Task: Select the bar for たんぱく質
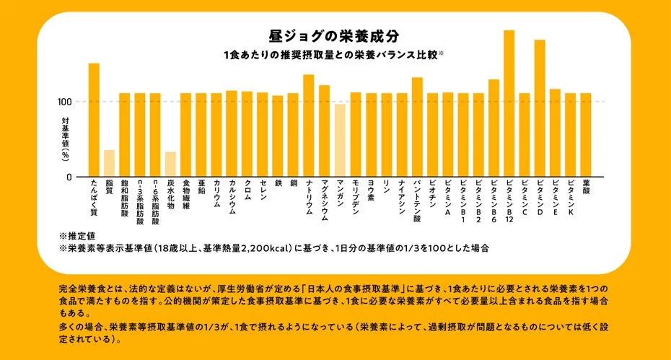tap(94, 120)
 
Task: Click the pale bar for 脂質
tap(109, 163)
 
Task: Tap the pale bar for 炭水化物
tap(170, 164)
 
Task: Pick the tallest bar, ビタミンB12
tap(509, 103)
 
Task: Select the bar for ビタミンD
tap(539, 108)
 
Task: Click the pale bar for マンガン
tap(339, 140)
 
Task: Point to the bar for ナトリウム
tap(309, 126)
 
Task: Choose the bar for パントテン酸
tap(417, 127)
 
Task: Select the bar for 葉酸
tap(586, 135)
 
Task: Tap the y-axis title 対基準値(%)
tap(65, 139)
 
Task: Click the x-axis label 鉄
tap(278, 185)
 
